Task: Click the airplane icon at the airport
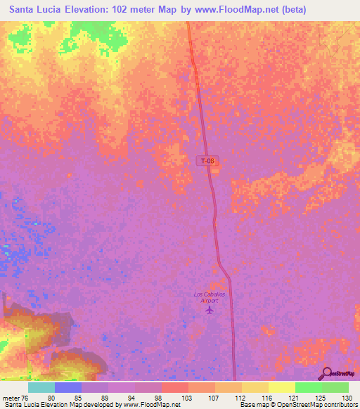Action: [208, 310]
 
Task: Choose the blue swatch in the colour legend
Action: [67, 387]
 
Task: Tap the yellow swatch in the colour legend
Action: [281, 387]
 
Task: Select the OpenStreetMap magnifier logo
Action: [326, 373]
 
